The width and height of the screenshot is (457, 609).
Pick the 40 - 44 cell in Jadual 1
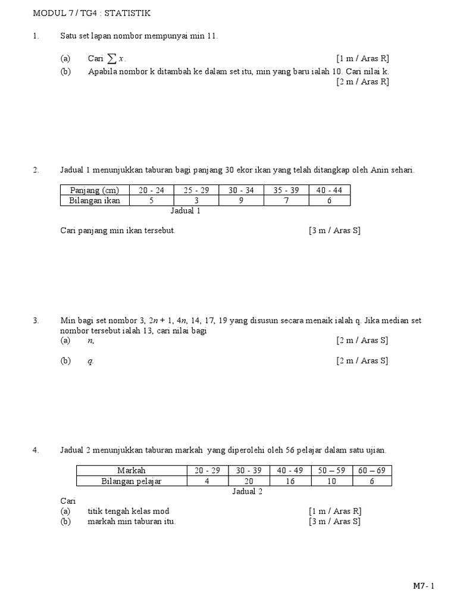tap(329, 190)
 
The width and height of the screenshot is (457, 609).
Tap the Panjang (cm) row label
tap(95, 190)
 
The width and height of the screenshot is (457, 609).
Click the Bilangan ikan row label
tap(95, 200)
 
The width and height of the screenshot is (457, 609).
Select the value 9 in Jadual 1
tap(241, 200)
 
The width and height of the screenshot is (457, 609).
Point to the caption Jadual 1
tap(186, 211)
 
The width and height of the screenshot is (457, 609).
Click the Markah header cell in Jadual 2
tap(132, 470)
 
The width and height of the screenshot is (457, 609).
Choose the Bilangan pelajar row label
tap(132, 481)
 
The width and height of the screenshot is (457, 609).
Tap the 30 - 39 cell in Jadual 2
tap(248, 470)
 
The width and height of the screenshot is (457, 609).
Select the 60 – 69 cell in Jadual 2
tap(372, 470)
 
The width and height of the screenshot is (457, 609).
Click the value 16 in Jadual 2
tap(290, 481)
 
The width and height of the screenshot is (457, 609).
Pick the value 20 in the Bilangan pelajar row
tap(248, 481)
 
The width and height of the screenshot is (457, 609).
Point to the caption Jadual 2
tap(247, 491)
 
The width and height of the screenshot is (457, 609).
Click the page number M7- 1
tap(424, 586)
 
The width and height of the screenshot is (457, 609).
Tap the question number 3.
tap(36, 321)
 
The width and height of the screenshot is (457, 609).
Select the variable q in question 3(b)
tap(90, 361)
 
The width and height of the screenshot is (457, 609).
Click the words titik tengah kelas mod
tap(132, 511)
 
